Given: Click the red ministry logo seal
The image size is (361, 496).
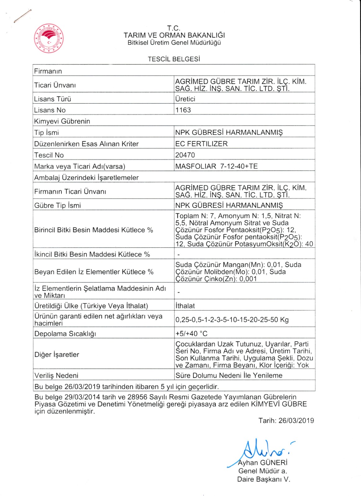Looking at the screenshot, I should pyautogui.click(x=49, y=38).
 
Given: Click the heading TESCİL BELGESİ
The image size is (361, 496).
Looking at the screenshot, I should pyautogui.click(x=174, y=59).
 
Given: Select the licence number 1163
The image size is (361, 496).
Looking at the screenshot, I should pyautogui.click(x=183, y=110).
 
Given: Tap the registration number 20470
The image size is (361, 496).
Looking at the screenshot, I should pyautogui.click(x=185, y=155).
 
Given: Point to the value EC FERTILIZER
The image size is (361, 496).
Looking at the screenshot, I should pyautogui.click(x=201, y=144).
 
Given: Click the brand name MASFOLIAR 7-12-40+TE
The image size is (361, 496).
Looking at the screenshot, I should pyautogui.click(x=216, y=166).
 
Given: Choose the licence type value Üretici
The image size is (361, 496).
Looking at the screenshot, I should pyautogui.click(x=185, y=99).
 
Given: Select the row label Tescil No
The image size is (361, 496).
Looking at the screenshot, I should pyautogui.click(x=49, y=155).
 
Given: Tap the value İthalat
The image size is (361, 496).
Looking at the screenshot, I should pyautogui.click(x=185, y=306).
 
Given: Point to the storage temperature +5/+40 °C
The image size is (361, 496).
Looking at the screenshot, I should pyautogui.click(x=191, y=334).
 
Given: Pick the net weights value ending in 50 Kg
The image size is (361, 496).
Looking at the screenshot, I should pyautogui.click(x=232, y=320).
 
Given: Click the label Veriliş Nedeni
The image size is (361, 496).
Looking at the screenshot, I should pyautogui.click(x=56, y=375).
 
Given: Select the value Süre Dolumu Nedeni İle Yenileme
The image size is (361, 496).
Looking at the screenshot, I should pyautogui.click(x=229, y=375).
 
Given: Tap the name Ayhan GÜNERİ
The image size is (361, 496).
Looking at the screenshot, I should pyautogui.click(x=263, y=463).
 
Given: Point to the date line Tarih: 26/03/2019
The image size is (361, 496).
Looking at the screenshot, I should pyautogui.click(x=286, y=421).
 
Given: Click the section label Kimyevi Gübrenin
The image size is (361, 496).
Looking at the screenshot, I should pyautogui.click(x=62, y=121).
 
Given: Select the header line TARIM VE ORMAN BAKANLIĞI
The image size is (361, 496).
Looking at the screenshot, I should pyautogui.click(x=174, y=35).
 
